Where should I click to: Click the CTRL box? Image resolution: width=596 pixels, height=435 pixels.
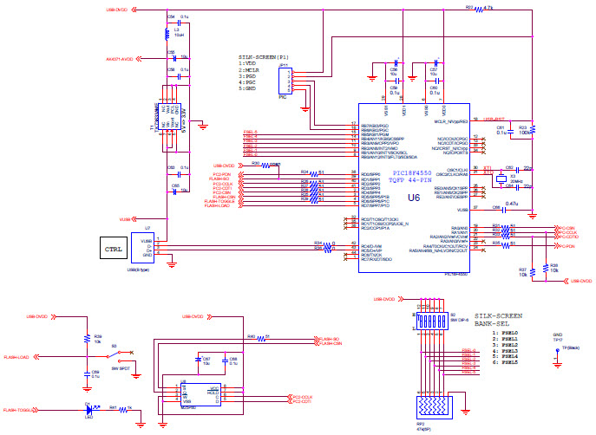[113, 250]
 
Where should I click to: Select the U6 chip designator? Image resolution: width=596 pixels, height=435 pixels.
[412, 198]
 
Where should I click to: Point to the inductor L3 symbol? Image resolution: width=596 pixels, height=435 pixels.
[167, 35]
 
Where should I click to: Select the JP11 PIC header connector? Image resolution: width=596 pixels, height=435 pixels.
[284, 81]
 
